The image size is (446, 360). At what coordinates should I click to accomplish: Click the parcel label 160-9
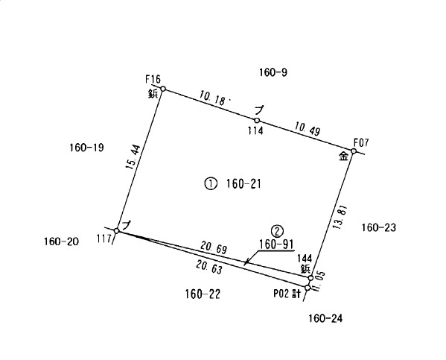pos(273,72)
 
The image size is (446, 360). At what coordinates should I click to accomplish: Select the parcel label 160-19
pos(87,148)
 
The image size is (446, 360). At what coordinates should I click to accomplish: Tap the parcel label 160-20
pos(61,241)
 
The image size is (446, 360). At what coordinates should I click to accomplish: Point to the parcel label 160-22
pos(203,294)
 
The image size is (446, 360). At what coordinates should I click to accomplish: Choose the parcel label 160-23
pos(378,227)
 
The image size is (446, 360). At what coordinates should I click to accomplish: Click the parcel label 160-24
pos(325,318)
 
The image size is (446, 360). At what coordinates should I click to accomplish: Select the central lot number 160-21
pos(243,184)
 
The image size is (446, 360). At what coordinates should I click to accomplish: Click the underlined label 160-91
pos(276,244)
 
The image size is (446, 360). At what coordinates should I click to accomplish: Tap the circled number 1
pos(211,183)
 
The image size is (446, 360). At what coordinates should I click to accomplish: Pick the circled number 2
pos(277,231)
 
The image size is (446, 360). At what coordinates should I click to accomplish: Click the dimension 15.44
pos(133,157)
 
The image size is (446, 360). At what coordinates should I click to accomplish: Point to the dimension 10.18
pos(212,98)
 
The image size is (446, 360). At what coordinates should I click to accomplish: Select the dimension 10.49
pos(308,128)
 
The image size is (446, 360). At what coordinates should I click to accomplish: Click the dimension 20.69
pos(214,247)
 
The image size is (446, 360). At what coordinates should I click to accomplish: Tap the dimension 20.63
pos(209,268)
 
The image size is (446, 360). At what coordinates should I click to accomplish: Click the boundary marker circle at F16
pos(163,89)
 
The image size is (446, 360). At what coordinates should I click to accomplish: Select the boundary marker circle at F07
pos(354,151)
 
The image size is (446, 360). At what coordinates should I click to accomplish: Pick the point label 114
pos(255,131)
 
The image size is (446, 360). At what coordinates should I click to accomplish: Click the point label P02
pos(281,294)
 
